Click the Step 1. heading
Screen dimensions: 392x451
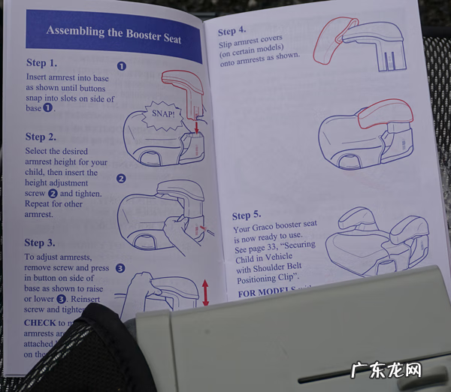(x=41, y=63)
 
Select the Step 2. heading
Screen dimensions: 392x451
(x=41, y=137)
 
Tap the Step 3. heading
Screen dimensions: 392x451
(x=39, y=243)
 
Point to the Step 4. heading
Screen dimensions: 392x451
(x=232, y=32)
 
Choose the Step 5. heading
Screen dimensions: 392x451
(x=247, y=216)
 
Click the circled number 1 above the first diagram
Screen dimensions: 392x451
(x=122, y=66)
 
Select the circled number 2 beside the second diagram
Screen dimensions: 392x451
(x=120, y=179)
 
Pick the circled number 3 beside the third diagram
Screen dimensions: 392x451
(x=120, y=267)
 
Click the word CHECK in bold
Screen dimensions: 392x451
(x=38, y=323)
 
